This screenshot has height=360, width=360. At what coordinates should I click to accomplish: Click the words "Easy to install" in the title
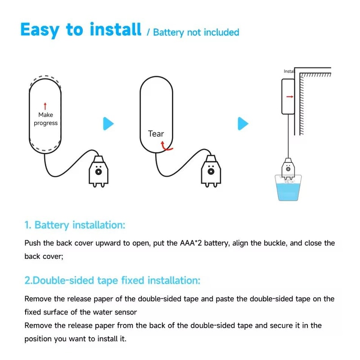(81, 30)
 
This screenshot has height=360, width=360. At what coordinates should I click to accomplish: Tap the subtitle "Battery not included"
(196, 32)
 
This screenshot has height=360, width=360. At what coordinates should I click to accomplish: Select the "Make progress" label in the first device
(45, 119)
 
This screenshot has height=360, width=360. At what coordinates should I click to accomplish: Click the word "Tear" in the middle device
(156, 134)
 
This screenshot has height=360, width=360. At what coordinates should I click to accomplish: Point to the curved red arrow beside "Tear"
(167, 145)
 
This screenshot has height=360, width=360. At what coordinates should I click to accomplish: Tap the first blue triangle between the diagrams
(108, 123)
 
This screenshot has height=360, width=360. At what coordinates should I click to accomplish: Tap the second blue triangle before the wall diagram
(243, 123)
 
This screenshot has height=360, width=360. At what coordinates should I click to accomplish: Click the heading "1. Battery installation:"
(74, 225)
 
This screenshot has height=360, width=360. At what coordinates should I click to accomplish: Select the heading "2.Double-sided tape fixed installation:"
(112, 280)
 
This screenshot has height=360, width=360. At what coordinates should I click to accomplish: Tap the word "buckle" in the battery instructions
(268, 243)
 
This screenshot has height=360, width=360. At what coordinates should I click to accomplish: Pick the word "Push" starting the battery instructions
(32, 243)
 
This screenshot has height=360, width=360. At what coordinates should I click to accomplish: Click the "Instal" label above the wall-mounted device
(289, 72)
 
